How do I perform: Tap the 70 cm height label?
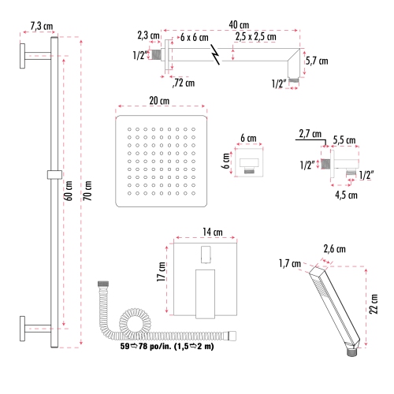pos(87,190)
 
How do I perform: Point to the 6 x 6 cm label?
pos(193,38)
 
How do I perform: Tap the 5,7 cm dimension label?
pos(317,61)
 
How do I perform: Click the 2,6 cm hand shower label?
pos(335,249)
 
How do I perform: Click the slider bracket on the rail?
pos(54,173)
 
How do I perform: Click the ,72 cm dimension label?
pos(184,81)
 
